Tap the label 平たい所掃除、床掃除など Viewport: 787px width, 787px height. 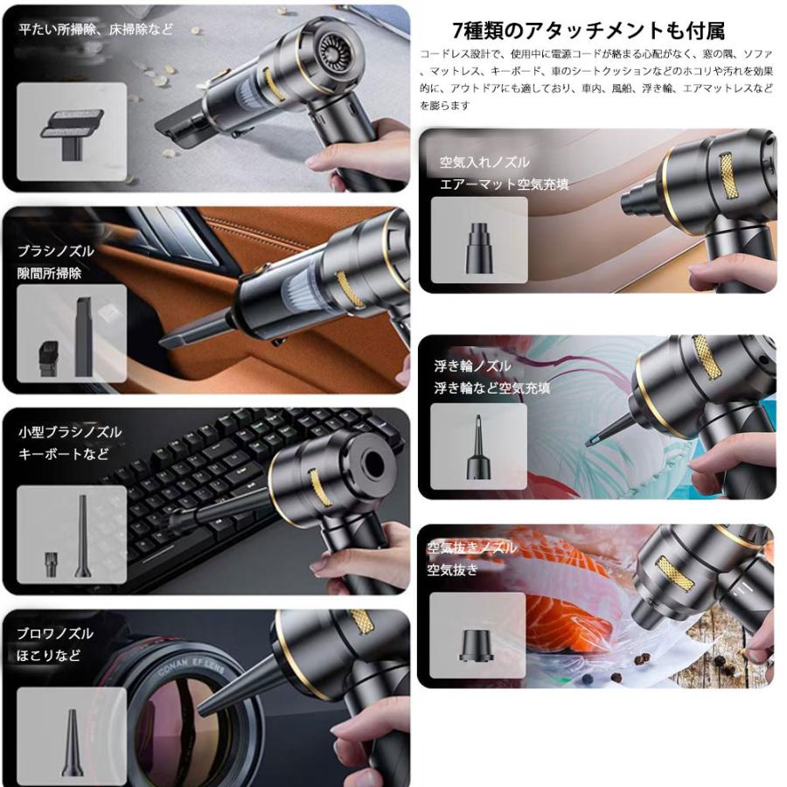click(96, 30)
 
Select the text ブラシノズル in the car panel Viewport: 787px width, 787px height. click(56, 251)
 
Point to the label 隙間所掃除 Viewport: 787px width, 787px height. click(50, 273)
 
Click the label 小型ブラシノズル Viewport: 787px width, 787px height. click(70, 432)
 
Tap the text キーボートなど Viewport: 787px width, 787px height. click(64, 454)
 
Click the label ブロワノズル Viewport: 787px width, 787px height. click(55, 633)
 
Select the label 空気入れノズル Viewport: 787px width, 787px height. click(484, 162)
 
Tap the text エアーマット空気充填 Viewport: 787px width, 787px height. click(504, 184)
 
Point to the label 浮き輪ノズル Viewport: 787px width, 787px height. click(472, 366)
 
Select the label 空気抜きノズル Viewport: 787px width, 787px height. click(472, 548)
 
